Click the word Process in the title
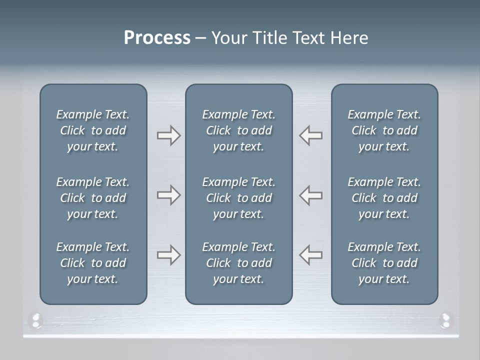157,38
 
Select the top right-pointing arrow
168,135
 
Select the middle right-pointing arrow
168,195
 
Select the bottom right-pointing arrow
168,255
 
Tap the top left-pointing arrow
310,135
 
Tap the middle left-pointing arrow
310,195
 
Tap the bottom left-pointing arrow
310,255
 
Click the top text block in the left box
93,130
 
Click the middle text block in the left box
93,198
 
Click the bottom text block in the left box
93,263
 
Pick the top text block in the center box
239,130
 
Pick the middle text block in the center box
239,198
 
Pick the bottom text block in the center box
239,263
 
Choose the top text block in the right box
384,130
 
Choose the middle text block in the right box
384,198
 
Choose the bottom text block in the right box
384,263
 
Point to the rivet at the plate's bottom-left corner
36,320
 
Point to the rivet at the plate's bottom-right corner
445,319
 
